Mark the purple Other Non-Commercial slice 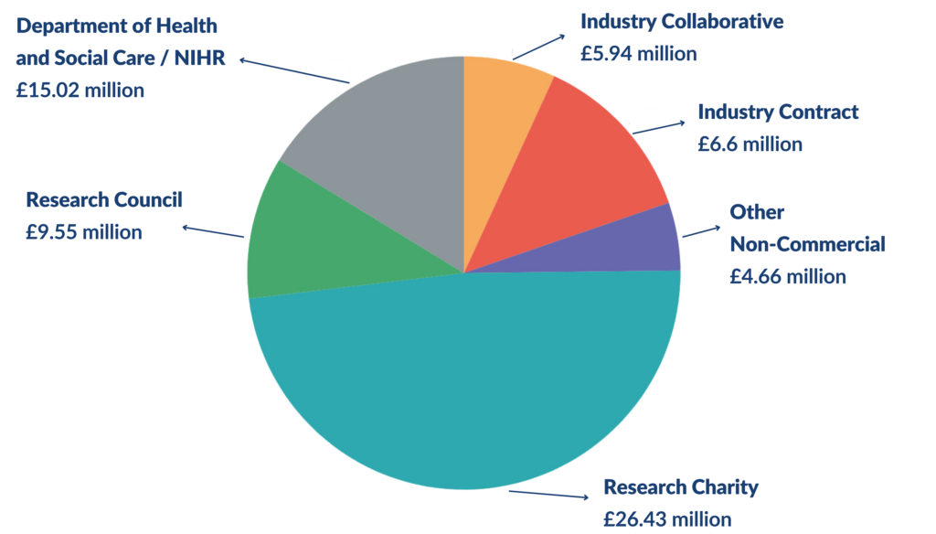pyautogui.click(x=644, y=242)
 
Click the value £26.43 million pyautogui.click(x=667, y=518)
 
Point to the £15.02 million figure pyautogui.click(x=80, y=90)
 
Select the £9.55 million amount pyautogui.click(x=84, y=232)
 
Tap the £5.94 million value pyautogui.click(x=639, y=53)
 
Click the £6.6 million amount pyautogui.click(x=750, y=144)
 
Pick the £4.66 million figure pyautogui.click(x=788, y=276)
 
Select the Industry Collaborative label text pyautogui.click(x=682, y=21)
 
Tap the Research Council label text pyautogui.click(x=104, y=199)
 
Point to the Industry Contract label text pyautogui.click(x=778, y=112)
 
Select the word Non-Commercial pyautogui.click(x=807, y=244)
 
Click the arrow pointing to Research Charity pyautogui.click(x=548, y=495)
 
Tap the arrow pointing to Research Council pyautogui.click(x=213, y=231)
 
